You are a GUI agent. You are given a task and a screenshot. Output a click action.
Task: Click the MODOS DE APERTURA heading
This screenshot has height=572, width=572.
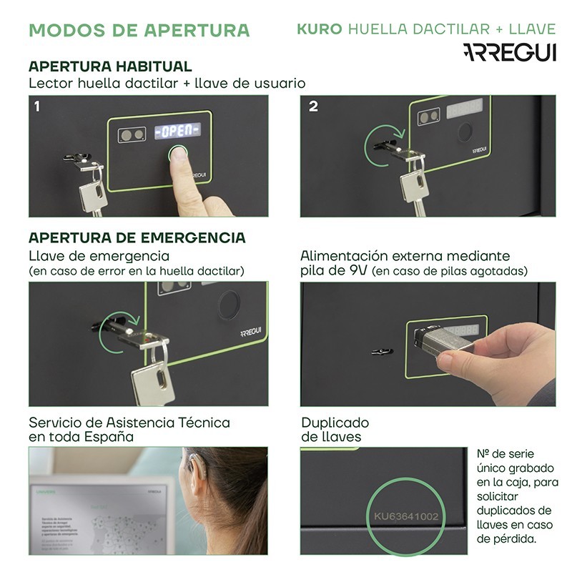pyautogui.click(x=139, y=30)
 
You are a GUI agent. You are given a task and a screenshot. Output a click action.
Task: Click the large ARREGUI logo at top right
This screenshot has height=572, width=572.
pyautogui.click(x=508, y=52)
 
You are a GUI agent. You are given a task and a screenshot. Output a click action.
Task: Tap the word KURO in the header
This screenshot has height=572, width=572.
pyautogui.click(x=319, y=29)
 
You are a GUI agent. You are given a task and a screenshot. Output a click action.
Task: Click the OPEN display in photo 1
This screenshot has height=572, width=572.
pyautogui.click(x=177, y=131)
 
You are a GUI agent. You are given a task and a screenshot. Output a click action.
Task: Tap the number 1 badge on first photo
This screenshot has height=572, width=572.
pyautogui.click(x=36, y=107)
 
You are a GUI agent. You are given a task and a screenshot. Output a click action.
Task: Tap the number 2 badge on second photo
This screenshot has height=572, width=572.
pyautogui.click(x=313, y=107)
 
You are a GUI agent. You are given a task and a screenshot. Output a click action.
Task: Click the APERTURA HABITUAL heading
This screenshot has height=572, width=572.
pyautogui.click(x=109, y=66)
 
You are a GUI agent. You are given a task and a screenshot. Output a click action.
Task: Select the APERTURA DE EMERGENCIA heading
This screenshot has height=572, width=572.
pyautogui.click(x=137, y=237)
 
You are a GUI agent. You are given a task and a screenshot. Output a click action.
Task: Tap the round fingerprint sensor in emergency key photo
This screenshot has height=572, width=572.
pyautogui.click(x=229, y=305)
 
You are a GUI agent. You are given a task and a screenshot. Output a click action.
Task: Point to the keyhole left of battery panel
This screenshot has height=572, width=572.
pyautogui.click(x=383, y=351)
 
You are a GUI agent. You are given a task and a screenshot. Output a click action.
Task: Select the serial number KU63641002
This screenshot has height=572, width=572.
pyautogui.click(x=406, y=516)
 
